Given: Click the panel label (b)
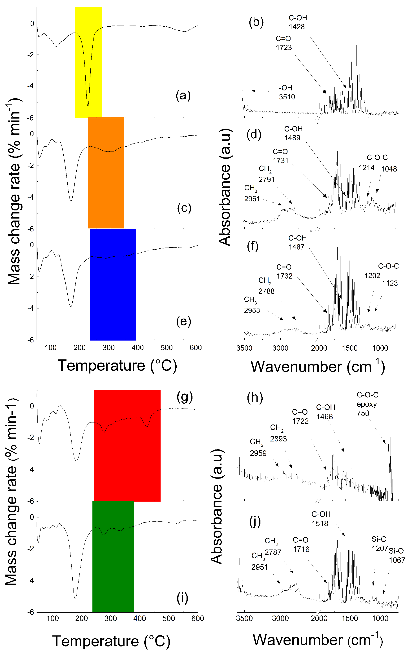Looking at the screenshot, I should (256, 22).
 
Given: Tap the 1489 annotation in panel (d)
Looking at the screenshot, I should (292, 138).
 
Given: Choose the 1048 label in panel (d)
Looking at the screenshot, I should (389, 169).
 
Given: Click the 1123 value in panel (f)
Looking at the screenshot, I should (390, 283).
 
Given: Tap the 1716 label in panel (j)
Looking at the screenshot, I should (301, 549).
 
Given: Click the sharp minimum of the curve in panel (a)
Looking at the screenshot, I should (88, 106).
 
